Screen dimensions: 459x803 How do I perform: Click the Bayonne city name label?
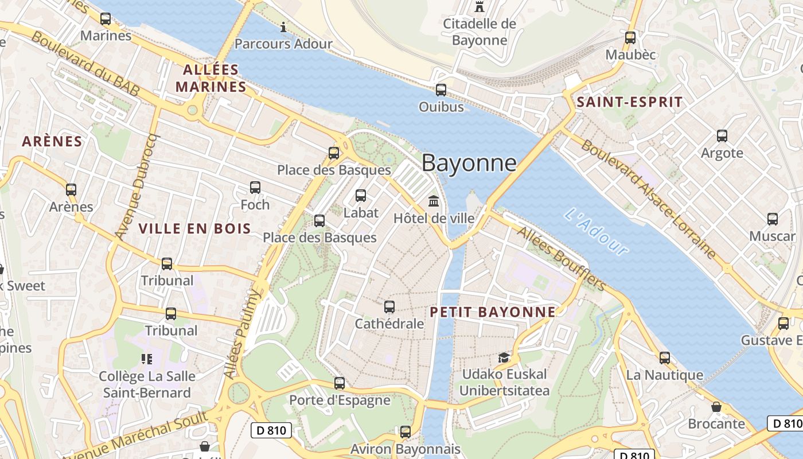(469, 163)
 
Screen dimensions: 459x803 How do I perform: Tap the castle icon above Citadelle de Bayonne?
(479, 7)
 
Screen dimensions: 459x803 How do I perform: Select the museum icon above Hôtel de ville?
(434, 201)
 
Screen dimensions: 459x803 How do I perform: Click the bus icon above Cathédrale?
(389, 307)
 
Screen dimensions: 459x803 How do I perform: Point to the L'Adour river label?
(597, 231)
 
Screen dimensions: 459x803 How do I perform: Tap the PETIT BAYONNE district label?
(492, 312)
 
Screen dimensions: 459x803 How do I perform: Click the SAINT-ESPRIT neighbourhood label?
(629, 103)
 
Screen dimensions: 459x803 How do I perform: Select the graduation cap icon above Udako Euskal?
(504, 357)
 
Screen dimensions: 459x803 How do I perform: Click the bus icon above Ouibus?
(441, 90)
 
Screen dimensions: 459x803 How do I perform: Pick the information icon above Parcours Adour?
(283, 27)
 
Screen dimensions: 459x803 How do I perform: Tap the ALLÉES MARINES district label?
(211, 79)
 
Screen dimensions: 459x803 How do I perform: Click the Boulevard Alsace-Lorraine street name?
(648, 198)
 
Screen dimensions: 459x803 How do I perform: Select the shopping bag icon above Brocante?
(716, 407)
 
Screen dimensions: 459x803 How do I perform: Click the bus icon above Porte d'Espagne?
(340, 383)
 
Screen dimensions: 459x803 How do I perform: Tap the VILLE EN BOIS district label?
(194, 228)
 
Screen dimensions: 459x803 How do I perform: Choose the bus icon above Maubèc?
(630, 38)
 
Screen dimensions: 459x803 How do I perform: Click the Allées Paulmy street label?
(242, 334)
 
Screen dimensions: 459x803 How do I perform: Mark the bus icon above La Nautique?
(664, 358)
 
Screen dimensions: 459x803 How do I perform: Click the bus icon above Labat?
(361, 196)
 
